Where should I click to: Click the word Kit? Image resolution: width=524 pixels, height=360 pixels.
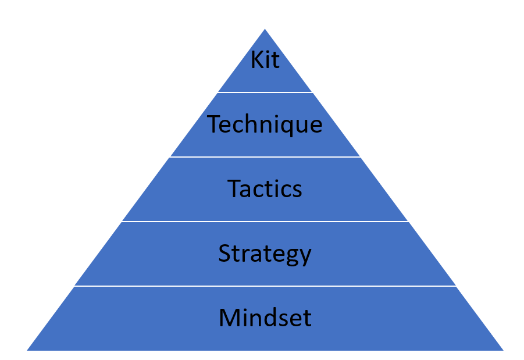point(265,60)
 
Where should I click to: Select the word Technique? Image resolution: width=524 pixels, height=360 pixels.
point(265,124)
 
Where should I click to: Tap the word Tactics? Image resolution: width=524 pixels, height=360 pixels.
point(265,189)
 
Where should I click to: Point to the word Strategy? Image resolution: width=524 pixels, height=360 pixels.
point(265,254)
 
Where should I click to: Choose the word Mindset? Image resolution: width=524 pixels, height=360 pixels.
point(265,318)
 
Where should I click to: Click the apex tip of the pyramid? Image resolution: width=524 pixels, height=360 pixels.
point(265,30)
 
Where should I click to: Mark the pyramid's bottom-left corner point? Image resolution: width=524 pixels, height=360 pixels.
point(28,350)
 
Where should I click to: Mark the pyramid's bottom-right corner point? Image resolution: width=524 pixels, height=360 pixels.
point(502,350)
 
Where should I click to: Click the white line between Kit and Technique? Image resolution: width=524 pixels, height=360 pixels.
point(265,92)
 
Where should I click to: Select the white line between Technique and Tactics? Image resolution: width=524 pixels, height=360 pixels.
point(265,157)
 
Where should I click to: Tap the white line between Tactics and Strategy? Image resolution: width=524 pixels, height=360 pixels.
point(265,222)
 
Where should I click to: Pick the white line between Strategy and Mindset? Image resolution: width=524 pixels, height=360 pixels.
point(265,286)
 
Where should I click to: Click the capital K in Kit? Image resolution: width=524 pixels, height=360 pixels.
point(256,60)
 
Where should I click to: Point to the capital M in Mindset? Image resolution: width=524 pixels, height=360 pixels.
point(229,318)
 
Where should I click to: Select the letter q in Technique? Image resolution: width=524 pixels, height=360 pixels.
point(284,126)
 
